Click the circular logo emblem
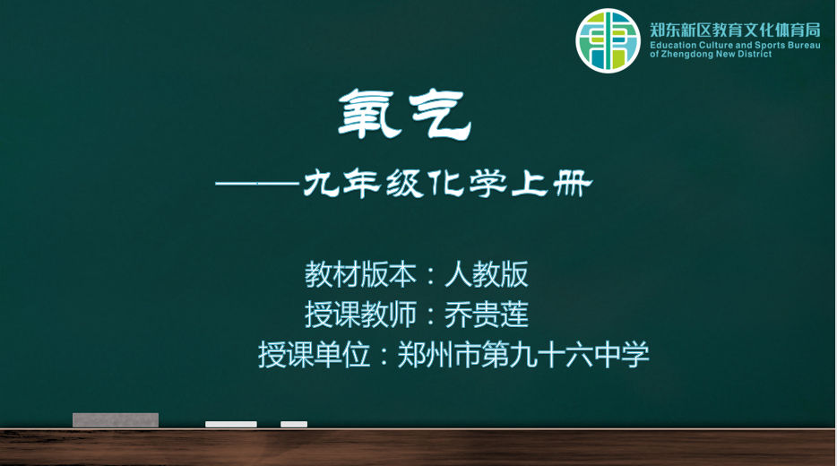point(608,40)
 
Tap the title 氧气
point(405,114)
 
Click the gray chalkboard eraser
point(116,420)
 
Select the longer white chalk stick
point(231,425)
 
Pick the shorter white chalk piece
point(294,425)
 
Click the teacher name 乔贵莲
point(487,315)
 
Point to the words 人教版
point(487,274)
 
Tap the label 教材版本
point(360,274)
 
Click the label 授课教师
point(360,315)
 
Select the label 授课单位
point(314,355)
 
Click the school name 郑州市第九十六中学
point(523,355)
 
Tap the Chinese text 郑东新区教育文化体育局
point(735,30)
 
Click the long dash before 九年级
point(257,184)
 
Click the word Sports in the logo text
point(770,46)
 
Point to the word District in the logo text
point(755,54)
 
